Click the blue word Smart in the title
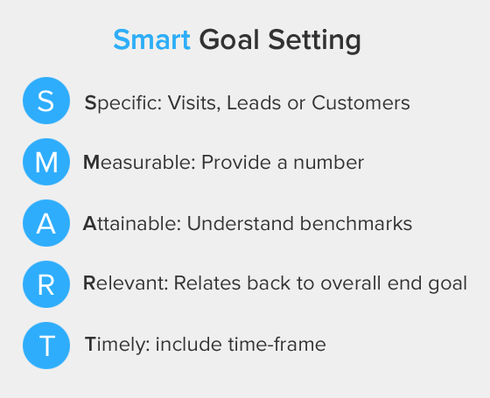(x=151, y=40)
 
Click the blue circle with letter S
(x=46, y=102)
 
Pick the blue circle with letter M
(x=46, y=163)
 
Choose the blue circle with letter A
(x=46, y=223)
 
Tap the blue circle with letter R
(x=46, y=283)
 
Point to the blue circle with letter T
(x=46, y=345)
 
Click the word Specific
(x=119, y=103)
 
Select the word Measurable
(x=137, y=163)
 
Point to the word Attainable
(x=131, y=223)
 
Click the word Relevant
(x=125, y=283)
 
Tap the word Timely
(x=116, y=345)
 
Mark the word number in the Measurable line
(x=332, y=163)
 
